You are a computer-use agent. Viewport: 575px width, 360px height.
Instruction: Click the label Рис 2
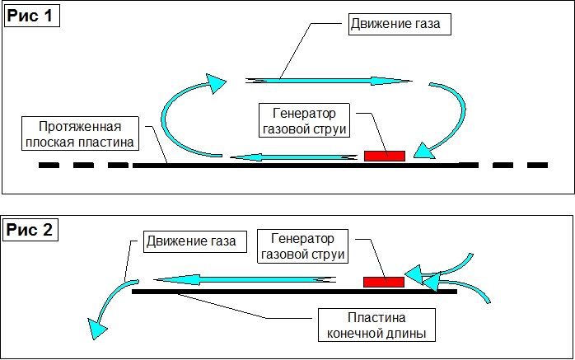click(x=30, y=231)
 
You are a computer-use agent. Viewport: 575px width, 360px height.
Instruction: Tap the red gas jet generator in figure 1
click(x=385, y=156)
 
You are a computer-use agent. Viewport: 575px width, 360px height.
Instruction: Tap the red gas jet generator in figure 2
click(x=384, y=282)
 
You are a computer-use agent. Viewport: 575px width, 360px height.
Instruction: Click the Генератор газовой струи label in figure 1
click(x=304, y=120)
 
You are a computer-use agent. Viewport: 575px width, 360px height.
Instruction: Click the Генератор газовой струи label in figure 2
click(x=302, y=246)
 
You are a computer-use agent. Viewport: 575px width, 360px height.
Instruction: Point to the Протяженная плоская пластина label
click(x=80, y=133)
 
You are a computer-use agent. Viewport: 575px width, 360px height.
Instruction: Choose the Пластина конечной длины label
click(x=376, y=325)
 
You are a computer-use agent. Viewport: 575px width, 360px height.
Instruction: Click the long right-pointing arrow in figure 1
click(x=329, y=80)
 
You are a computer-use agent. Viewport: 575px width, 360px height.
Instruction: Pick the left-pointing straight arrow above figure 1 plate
click(x=293, y=157)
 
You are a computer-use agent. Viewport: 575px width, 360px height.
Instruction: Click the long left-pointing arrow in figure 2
click(x=245, y=280)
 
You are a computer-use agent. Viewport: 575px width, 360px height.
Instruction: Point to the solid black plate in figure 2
click(x=294, y=292)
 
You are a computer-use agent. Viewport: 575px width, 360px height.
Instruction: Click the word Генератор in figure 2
click(x=302, y=239)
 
